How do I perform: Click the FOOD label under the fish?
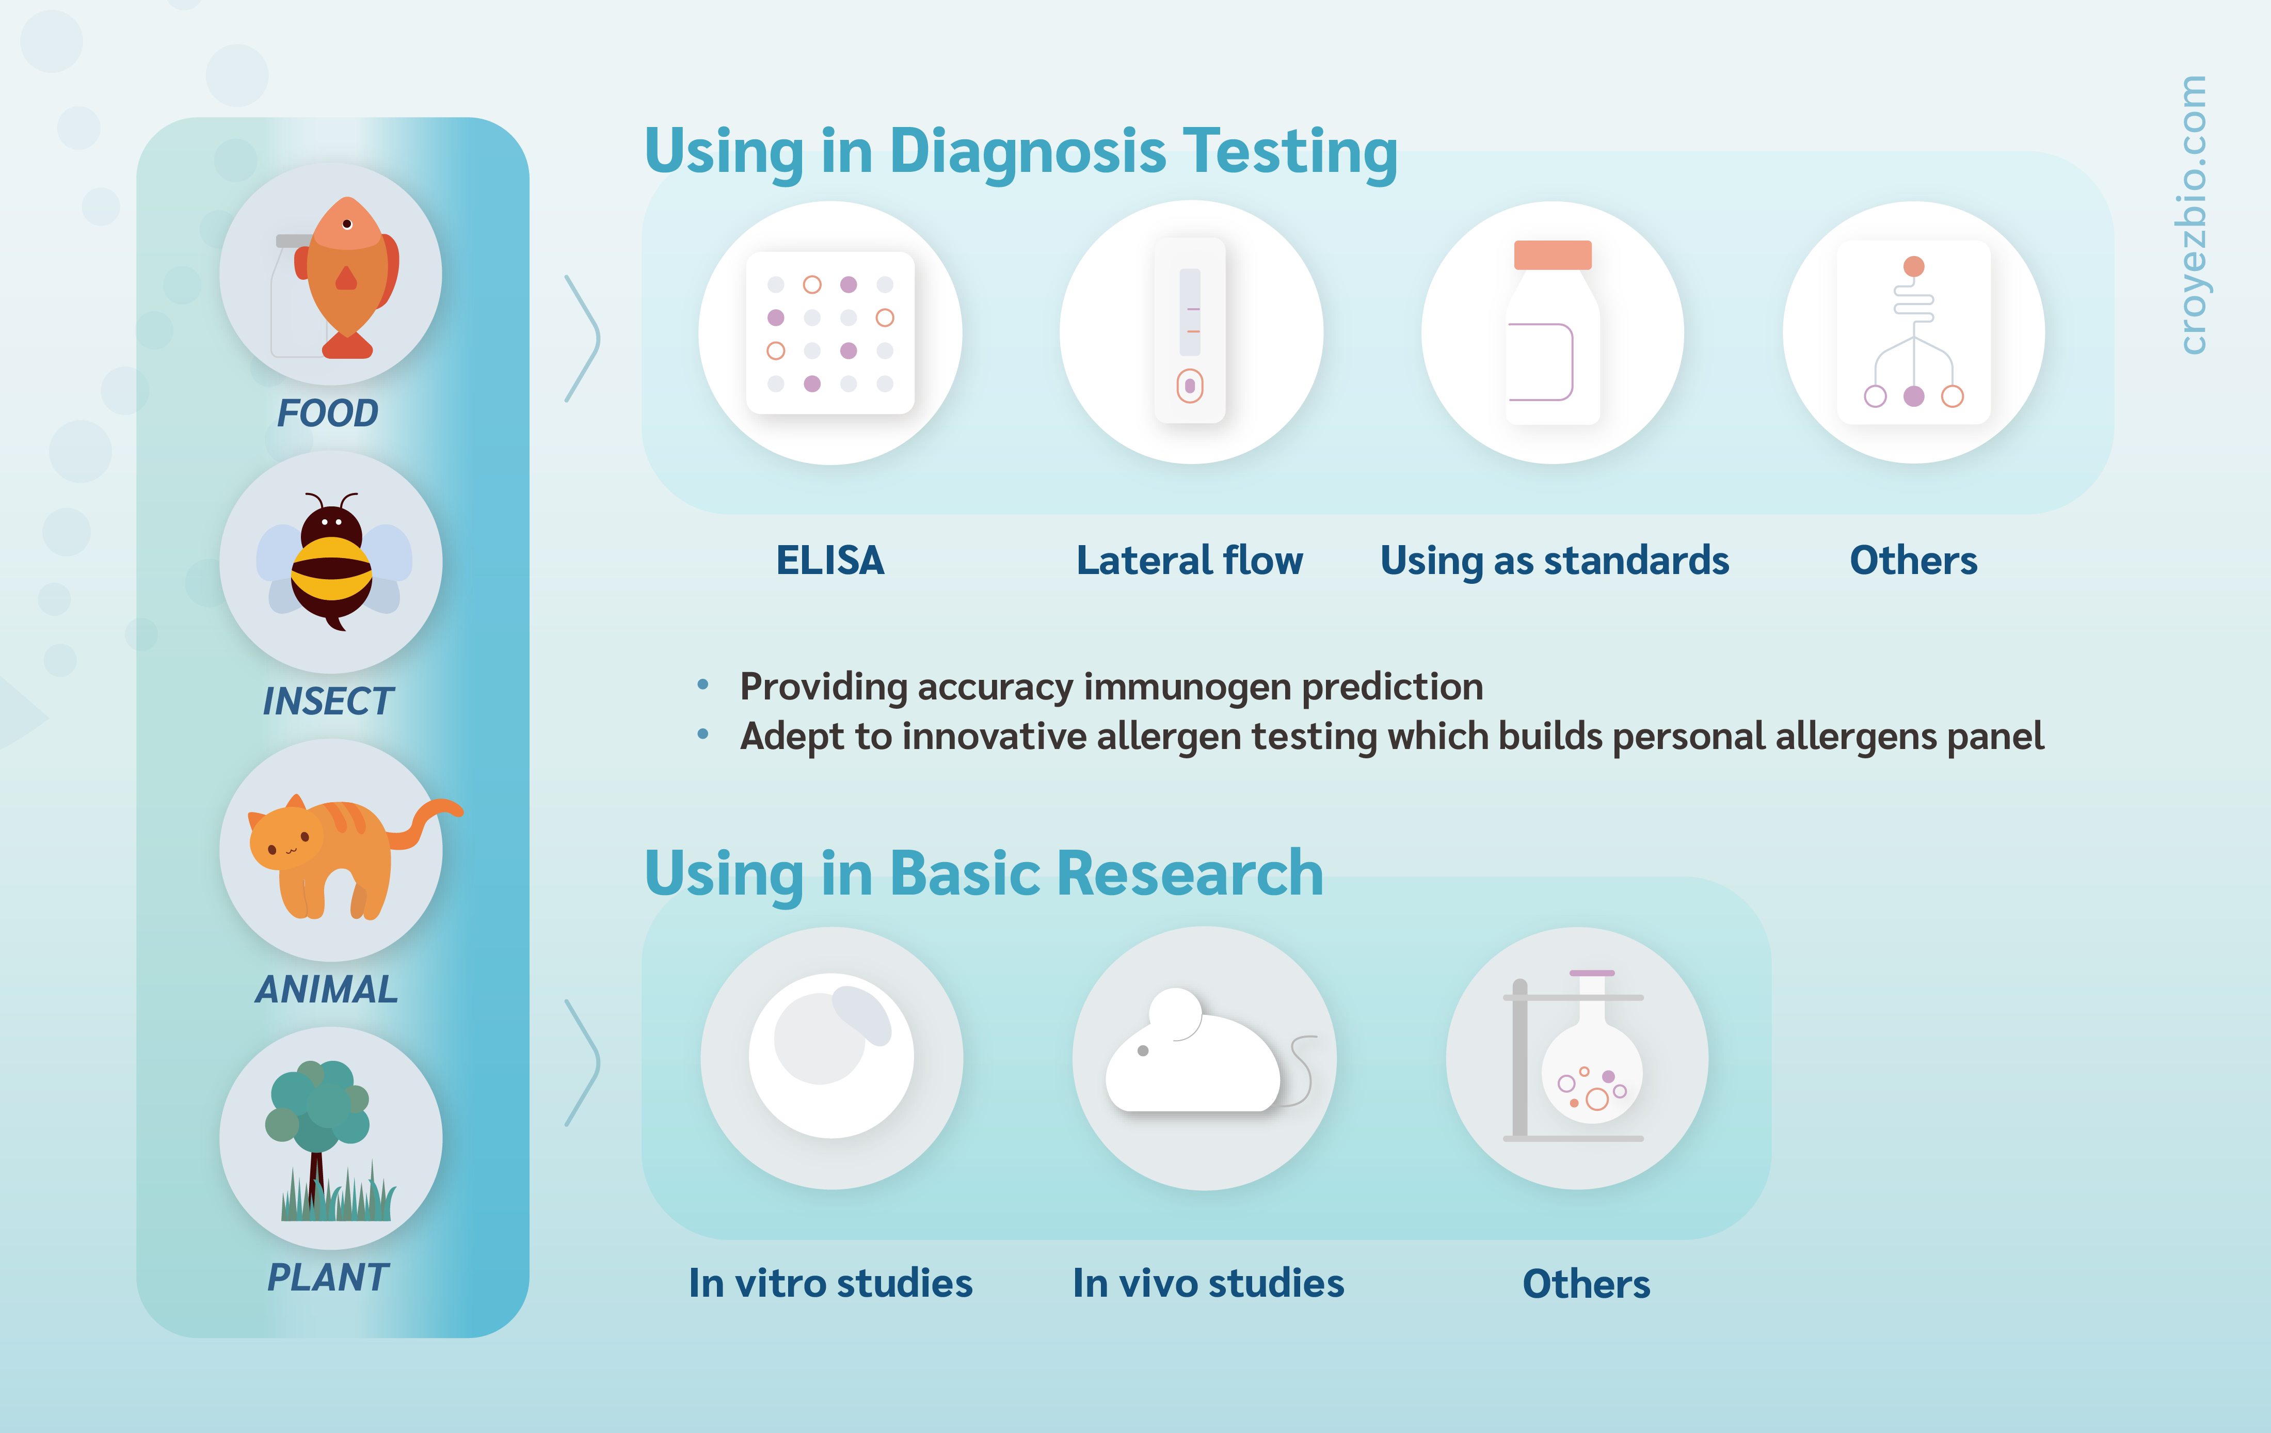327,413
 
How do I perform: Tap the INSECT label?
327,701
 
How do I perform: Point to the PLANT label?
327,1277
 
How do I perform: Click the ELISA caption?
830,561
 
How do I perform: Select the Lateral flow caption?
1190,561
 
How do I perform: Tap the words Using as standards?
1554,561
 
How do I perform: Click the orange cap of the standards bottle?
1553,254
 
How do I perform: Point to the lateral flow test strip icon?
1190,330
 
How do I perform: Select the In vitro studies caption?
830,1283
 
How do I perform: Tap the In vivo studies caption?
1208,1283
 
